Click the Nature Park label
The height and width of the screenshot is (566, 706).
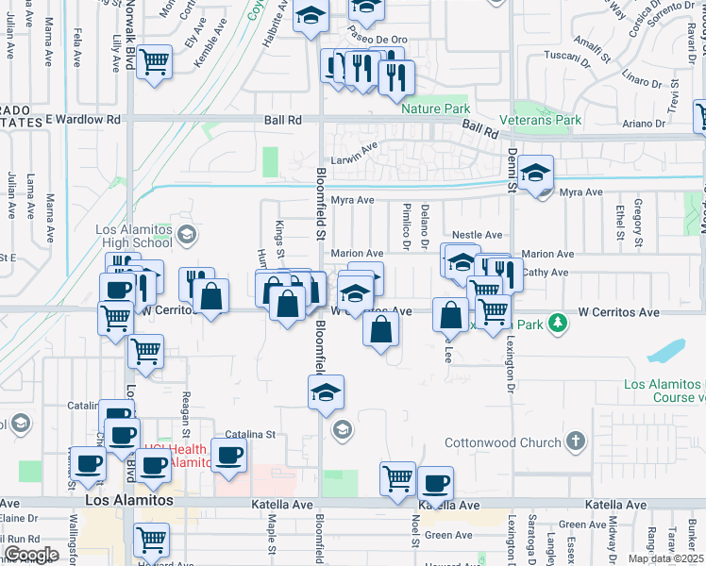tap(435, 108)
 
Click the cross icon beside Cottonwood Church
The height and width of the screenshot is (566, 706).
tap(575, 441)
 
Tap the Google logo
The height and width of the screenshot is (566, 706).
tap(31, 554)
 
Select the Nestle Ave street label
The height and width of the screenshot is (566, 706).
tap(477, 234)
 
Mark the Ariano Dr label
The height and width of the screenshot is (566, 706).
tap(644, 123)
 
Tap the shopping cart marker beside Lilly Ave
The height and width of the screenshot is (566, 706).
tap(154, 63)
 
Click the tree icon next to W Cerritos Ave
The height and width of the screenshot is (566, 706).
tap(559, 323)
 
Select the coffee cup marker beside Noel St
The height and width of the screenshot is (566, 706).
tap(435, 485)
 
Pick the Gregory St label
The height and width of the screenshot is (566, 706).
tap(639, 215)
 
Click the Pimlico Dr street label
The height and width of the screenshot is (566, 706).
tap(406, 225)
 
